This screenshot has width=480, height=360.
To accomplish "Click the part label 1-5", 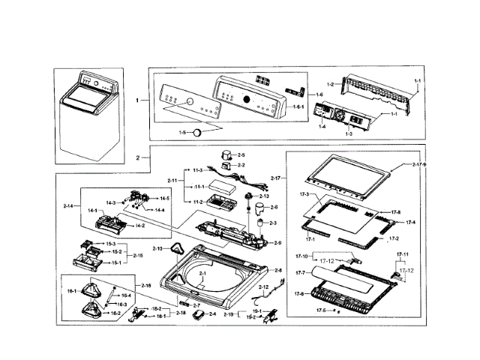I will [181, 132].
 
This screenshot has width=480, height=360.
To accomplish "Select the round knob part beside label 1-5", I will [199, 132].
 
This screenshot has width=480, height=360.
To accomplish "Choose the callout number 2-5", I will [241, 154].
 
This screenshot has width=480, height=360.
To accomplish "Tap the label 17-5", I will [321, 310].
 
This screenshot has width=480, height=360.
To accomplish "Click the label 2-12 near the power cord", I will [263, 287].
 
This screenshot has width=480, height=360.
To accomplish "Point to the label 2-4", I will [212, 314].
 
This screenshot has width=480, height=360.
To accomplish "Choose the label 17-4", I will [410, 223].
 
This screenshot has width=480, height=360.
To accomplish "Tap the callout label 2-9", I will [277, 242].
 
